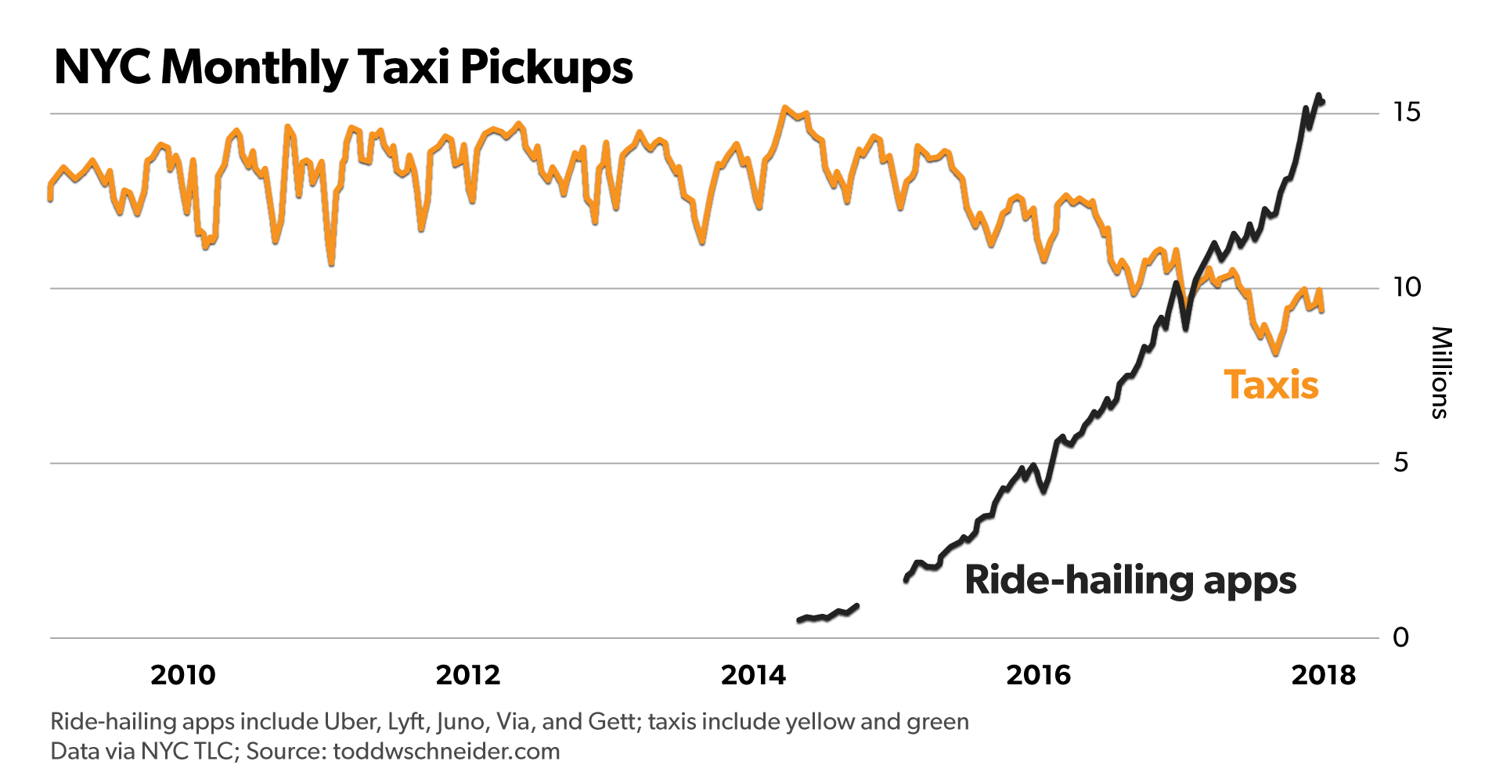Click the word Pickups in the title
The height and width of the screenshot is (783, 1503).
(x=546, y=67)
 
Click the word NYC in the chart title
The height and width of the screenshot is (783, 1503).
(x=102, y=67)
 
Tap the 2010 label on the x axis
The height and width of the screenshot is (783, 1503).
(x=182, y=675)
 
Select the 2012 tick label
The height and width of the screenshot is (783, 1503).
(x=467, y=675)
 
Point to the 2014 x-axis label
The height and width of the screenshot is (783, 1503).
(x=753, y=675)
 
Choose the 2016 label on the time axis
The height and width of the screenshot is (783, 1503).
(x=1038, y=675)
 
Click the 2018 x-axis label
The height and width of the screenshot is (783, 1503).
(x=1323, y=675)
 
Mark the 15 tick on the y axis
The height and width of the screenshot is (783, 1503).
(x=1406, y=113)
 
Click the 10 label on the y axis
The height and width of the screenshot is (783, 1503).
(x=1406, y=287)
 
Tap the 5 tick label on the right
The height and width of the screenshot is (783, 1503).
(x=1400, y=463)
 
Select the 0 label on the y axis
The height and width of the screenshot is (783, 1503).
(x=1400, y=637)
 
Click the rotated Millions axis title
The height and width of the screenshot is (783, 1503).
(x=1440, y=373)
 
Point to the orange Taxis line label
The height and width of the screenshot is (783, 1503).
(x=1271, y=385)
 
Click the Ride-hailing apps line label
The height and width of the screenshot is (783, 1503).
(x=1130, y=580)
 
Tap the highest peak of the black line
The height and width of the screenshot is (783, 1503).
(x=1318, y=96)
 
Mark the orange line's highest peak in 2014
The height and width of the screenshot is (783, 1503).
(x=784, y=108)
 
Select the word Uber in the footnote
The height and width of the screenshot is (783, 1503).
(x=351, y=721)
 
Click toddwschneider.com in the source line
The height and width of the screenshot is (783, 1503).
(x=446, y=752)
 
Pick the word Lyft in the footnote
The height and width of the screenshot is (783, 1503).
(x=406, y=721)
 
